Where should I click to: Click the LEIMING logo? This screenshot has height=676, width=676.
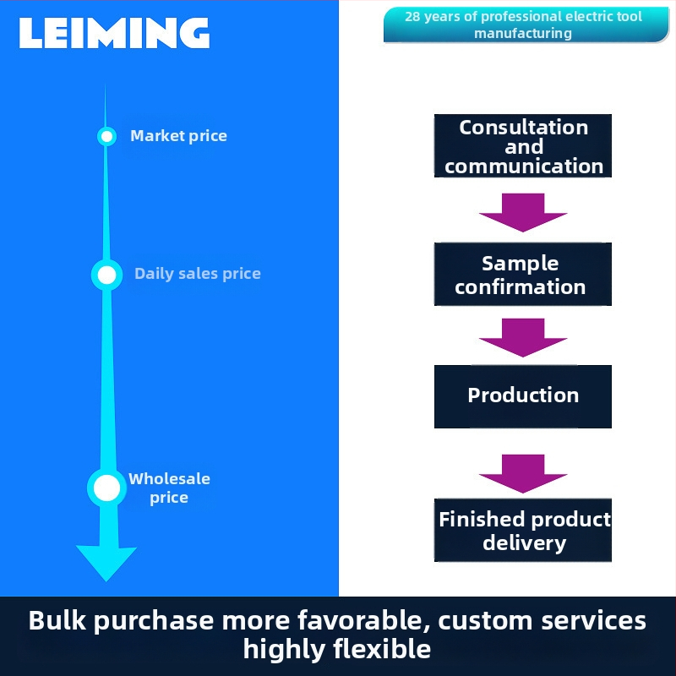[x=114, y=33]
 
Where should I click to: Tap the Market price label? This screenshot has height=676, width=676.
[x=178, y=136]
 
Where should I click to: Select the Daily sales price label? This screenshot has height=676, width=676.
[x=198, y=273]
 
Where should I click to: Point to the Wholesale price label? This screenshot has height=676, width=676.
[x=169, y=488]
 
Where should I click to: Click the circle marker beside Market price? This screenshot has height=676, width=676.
[x=106, y=136]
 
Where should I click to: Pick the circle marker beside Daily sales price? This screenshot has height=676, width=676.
[x=107, y=275]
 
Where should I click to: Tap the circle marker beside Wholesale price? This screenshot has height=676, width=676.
[x=107, y=488]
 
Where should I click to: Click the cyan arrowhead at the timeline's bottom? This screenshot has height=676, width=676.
[x=106, y=563]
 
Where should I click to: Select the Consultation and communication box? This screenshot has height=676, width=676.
[x=523, y=145]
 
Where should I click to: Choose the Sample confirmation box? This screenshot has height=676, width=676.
[x=523, y=274]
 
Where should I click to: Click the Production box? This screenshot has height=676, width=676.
[x=523, y=396]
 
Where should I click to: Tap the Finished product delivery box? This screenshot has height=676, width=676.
[x=523, y=531]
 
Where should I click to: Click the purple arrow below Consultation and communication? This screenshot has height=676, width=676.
[x=523, y=213]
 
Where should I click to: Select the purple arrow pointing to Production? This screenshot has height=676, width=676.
[x=523, y=337]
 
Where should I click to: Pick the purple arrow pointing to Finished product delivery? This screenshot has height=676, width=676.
[x=523, y=474]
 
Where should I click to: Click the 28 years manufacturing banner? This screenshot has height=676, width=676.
[x=526, y=25]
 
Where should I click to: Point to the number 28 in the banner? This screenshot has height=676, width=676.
[x=412, y=17]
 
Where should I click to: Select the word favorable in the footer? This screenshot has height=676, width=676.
[x=363, y=621]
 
